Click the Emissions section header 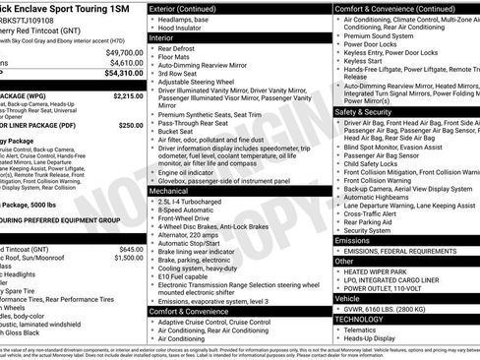(352, 240)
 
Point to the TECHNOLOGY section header (362, 320)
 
